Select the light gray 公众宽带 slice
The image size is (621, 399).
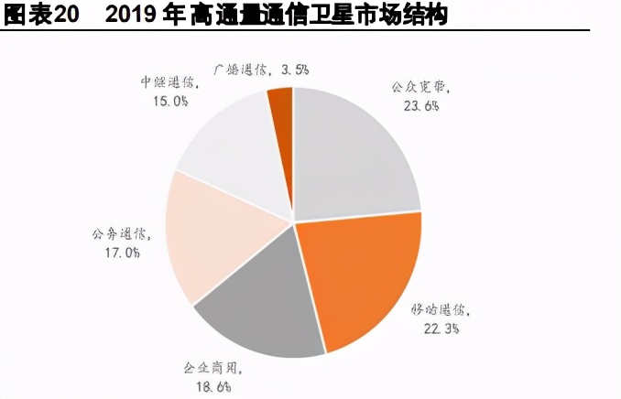pyautogui.click(x=353, y=156)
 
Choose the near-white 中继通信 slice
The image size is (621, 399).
pyautogui.click(x=229, y=146)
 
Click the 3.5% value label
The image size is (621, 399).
pyautogui.click(x=294, y=69)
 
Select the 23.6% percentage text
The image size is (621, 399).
pyautogui.click(x=420, y=105)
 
